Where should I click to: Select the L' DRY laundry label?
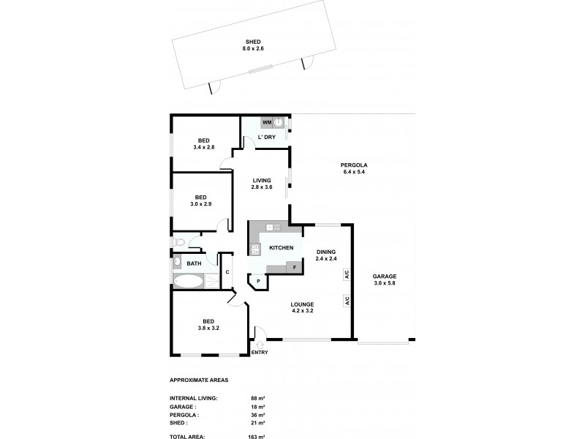pos(266,137)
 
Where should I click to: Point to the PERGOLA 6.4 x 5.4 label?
pos(353,168)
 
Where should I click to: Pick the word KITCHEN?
pos(282,248)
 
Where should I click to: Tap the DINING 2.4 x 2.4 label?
pos(328,255)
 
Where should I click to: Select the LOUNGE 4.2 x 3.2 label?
pos(301,307)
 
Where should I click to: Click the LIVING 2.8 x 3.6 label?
pos(262,184)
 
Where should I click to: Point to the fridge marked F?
pos(294,267)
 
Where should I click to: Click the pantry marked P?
pos(258,281)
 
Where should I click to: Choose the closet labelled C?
pos(227,272)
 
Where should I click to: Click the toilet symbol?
pos(179,241)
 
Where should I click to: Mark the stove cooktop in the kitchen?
pos(255,249)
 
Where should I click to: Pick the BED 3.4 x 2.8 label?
pos(205,144)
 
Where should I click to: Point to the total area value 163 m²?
pos(257,436)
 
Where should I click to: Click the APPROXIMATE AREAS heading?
pos(199,380)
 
